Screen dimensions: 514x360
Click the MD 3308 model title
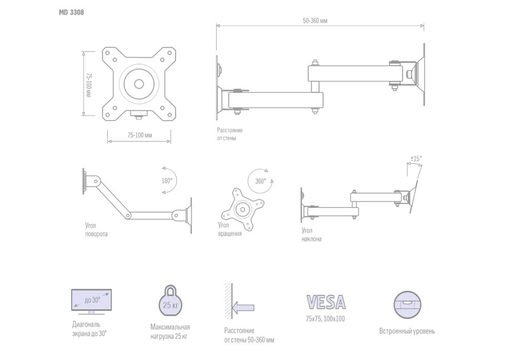click(71, 12)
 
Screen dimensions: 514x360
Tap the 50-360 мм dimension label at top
click(315, 21)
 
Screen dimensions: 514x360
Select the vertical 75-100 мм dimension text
click(88, 84)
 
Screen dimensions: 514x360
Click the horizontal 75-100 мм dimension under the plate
click(140, 135)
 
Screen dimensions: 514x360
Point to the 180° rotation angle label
click(167, 181)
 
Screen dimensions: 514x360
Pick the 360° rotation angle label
click(261, 182)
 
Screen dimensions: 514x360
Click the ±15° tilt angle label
click(416, 159)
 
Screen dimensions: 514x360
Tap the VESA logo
click(326, 302)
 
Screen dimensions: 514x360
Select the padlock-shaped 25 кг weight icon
click(171, 300)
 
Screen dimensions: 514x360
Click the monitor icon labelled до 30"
click(91, 302)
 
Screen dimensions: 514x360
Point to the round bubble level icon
click(407, 305)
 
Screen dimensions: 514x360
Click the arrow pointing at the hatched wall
click(243, 308)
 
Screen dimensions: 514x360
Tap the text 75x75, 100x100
click(325, 319)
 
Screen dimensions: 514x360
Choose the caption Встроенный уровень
click(407, 331)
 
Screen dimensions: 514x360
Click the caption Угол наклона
click(311, 235)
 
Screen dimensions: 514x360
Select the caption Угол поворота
click(97, 230)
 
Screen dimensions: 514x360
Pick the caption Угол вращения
click(230, 229)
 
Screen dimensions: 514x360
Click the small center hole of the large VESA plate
click(139, 84)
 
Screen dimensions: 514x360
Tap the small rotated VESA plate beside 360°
click(243, 209)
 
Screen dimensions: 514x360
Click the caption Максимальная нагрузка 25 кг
click(170, 332)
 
